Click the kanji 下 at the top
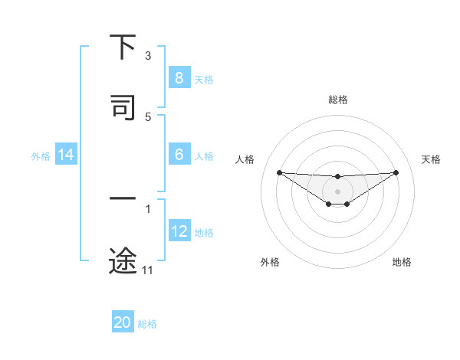123,47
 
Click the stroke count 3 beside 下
148,56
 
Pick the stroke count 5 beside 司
148,116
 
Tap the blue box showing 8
179,78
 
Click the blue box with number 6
179,155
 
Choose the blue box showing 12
179,231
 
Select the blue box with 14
66,155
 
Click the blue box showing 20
123,322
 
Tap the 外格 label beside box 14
41,155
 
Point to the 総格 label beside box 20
147,324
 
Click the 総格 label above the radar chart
338,100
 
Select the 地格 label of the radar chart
402,262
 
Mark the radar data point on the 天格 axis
396,172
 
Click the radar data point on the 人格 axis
279,172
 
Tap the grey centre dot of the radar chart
338,191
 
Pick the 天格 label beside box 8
204,79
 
